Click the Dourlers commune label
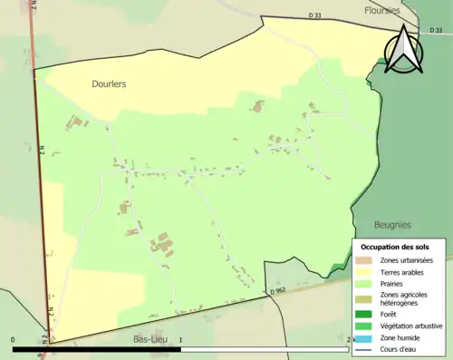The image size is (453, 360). pyautogui.click(x=109, y=83)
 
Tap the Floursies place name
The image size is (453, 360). pyautogui.click(x=381, y=11)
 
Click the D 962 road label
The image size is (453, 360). pyautogui.click(x=278, y=290)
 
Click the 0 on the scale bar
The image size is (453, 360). pyautogui.click(x=14, y=340)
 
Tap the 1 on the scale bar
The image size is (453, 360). pyautogui.click(x=181, y=340)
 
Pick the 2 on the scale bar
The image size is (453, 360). pyautogui.click(x=349, y=340)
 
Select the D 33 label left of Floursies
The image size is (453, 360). pyautogui.click(x=314, y=15)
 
